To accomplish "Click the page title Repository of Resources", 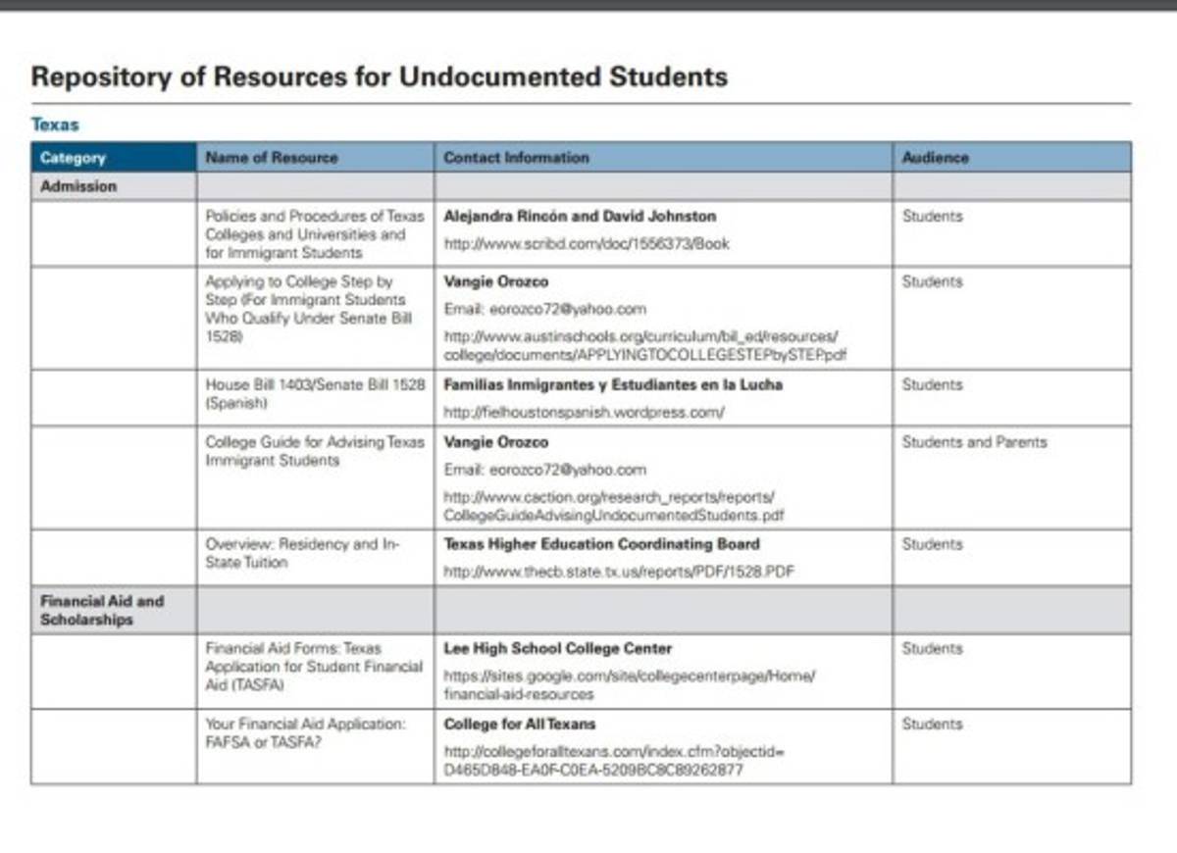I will coord(379,76).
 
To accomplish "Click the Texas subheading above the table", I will coord(54,125).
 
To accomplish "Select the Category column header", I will coord(73,157).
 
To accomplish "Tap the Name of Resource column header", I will coord(271,157).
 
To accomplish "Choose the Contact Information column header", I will coord(516,157).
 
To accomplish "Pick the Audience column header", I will coord(935,157).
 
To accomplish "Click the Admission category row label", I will coord(77,186).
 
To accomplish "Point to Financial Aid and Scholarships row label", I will coord(102,610).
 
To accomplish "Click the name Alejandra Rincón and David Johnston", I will coord(580,216).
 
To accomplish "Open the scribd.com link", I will coord(587,244).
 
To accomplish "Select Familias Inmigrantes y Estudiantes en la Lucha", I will coord(613,385).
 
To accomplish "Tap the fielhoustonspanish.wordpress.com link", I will coord(584,413).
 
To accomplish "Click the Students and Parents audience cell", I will coord(974,442).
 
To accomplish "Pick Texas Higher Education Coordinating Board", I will coord(601,544).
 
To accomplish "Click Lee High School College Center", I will coord(557,648).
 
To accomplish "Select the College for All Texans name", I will coord(520,725).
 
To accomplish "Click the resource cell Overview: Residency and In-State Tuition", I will coord(302,553).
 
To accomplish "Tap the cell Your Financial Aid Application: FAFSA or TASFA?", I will coord(304,733).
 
